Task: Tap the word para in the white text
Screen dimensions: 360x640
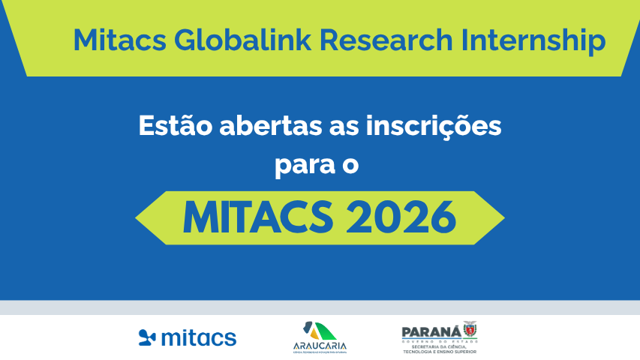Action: tap(302, 164)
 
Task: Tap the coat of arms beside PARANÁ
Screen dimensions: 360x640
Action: tap(470, 330)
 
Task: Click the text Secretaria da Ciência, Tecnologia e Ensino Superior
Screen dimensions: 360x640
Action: tap(439, 348)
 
